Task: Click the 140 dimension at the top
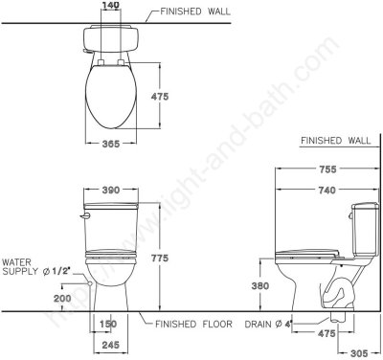[x=111, y=5]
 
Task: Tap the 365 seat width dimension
[x=111, y=144]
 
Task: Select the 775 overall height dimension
[x=160, y=258]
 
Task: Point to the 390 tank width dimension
[x=111, y=190]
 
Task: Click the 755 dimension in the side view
[x=327, y=169]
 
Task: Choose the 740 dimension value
[x=327, y=190]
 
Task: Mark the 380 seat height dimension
[x=260, y=286]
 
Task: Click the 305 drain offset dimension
[x=359, y=353]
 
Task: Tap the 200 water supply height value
[x=62, y=299]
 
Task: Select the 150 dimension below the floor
[x=108, y=324]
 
